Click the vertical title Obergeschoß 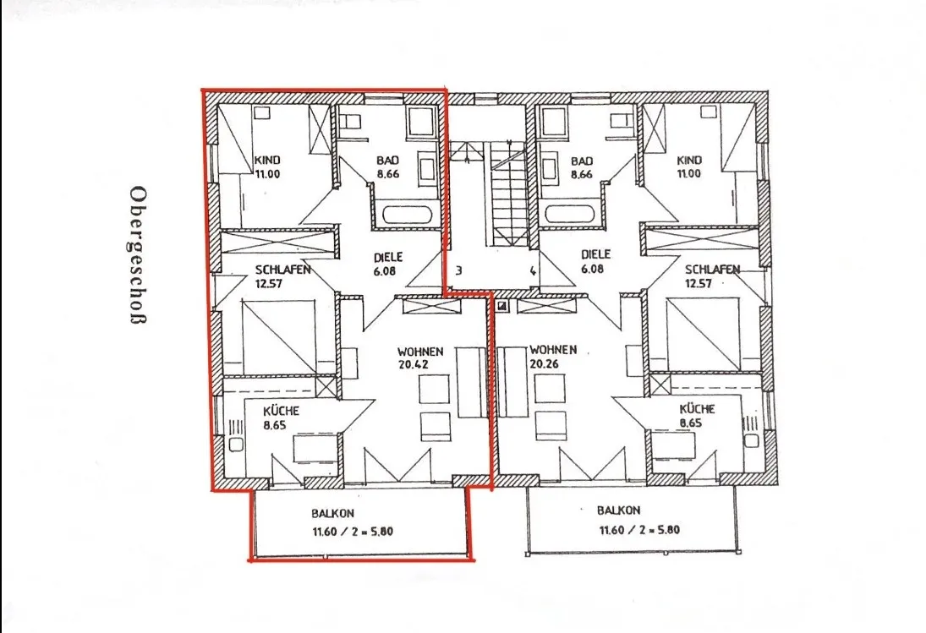(x=139, y=255)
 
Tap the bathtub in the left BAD (x=408, y=215)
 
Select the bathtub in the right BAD (x=571, y=214)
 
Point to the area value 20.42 (x=414, y=364)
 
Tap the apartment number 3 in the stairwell (x=458, y=271)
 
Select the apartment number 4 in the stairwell (x=533, y=271)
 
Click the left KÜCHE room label (x=281, y=411)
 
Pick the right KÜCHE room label (x=698, y=409)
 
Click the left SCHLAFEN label (x=283, y=270)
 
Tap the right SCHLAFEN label (x=712, y=270)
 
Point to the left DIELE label (x=388, y=257)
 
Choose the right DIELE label (x=596, y=255)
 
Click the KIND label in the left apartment (x=267, y=160)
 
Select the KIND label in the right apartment (x=689, y=160)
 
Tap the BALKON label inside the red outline (x=333, y=514)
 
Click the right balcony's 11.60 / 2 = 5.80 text (x=639, y=530)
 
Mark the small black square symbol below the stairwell (x=502, y=306)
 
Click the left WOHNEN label (x=420, y=352)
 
